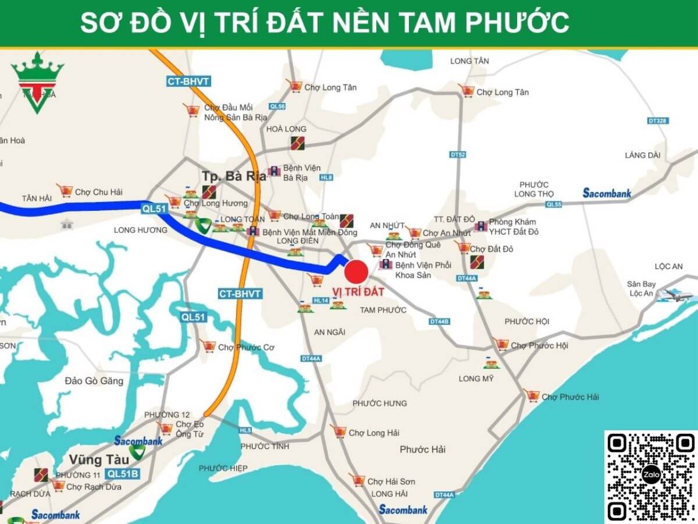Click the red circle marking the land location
pyautogui.click(x=356, y=272)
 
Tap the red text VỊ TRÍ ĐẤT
pyautogui.click(x=358, y=292)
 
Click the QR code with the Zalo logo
pyautogui.click(x=651, y=476)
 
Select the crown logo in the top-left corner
pyautogui.click(x=37, y=82)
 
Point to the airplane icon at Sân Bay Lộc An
pyautogui.click(x=675, y=295)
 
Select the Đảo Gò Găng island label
pyautogui.click(x=94, y=381)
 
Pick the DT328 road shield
pyautogui.click(x=657, y=121)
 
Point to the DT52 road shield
pyautogui.click(x=458, y=155)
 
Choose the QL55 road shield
pyautogui.click(x=554, y=204)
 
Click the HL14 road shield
pyautogui.click(x=321, y=300)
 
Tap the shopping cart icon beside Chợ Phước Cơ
pyautogui.click(x=208, y=346)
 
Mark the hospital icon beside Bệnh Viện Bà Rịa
pyautogui.click(x=274, y=172)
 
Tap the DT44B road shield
pyautogui.click(x=439, y=321)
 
